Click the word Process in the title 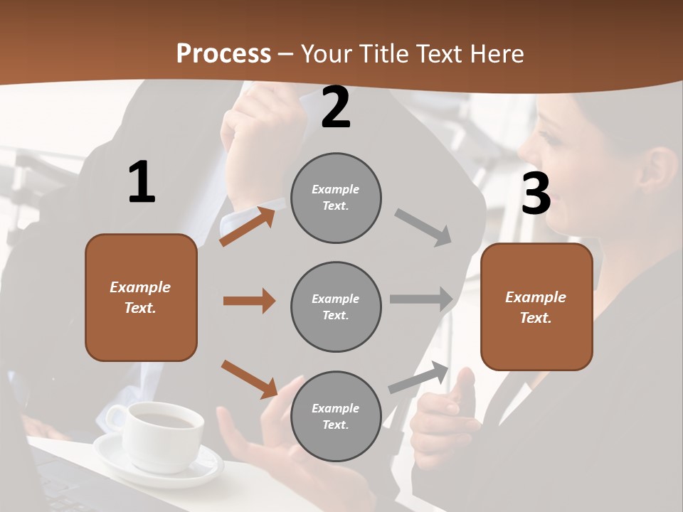pos(223,53)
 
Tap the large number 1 pos(142,183)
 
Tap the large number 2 pos(336,108)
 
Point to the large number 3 pos(536,194)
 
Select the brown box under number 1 pos(141,297)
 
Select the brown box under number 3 pos(536,306)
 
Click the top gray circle pos(336,198)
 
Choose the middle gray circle pos(336,306)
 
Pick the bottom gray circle pos(336,416)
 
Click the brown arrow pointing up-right pos(248,226)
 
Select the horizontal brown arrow pos(249,301)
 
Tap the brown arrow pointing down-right pos(250,379)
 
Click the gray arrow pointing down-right pos(423,228)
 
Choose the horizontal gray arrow pos(421,299)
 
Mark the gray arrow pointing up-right pos(418,377)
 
